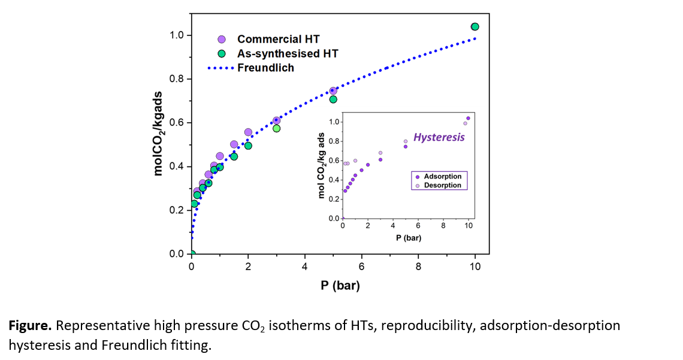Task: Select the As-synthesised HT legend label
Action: point(288,53)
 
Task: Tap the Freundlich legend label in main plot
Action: point(265,68)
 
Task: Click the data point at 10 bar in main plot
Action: point(475,26)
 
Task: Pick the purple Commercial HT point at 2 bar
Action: point(248,132)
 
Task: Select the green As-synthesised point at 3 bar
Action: point(277,128)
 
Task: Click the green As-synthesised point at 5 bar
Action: point(333,99)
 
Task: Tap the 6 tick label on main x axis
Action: point(361,266)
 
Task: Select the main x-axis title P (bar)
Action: point(339,286)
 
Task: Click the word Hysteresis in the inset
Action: point(439,137)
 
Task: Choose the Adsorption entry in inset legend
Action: point(442,177)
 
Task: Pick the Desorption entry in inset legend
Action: point(442,185)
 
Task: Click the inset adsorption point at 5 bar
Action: point(406,146)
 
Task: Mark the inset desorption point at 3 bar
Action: point(380,153)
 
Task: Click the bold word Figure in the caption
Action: point(29,326)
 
